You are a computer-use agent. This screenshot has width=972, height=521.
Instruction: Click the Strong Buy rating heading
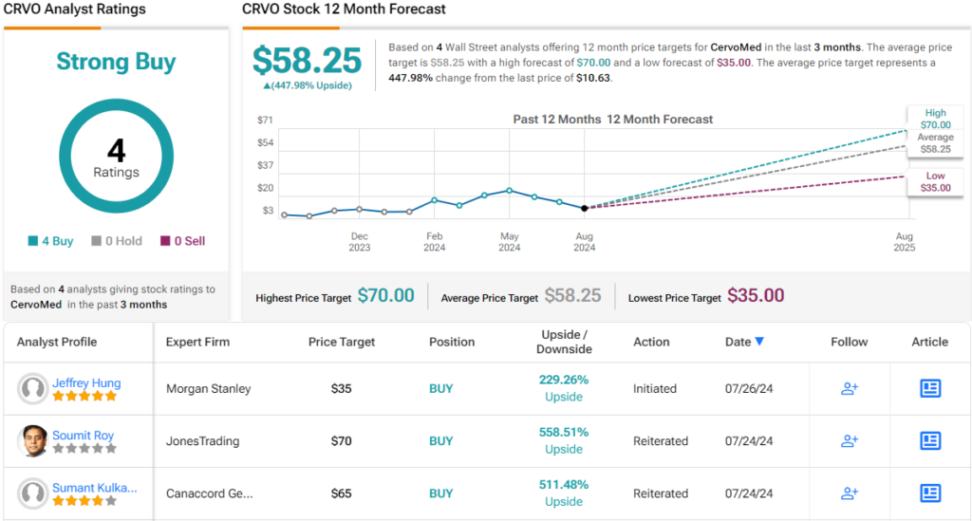[116, 63]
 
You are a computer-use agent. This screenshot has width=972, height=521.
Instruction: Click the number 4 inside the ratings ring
[116, 150]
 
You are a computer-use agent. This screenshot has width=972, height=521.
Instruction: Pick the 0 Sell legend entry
[182, 241]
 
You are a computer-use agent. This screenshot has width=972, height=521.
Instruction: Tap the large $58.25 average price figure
[307, 61]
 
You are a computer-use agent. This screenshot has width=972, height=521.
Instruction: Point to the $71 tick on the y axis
[266, 121]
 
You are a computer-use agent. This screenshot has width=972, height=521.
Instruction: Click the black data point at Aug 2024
[585, 208]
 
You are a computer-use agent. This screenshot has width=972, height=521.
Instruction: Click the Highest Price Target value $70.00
[385, 296]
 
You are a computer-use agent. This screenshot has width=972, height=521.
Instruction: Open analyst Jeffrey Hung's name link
[86, 383]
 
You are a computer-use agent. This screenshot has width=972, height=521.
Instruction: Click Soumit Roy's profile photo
[33, 440]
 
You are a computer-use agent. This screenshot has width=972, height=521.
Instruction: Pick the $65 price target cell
[342, 493]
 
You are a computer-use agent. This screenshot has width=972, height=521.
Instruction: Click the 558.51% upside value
[563, 432]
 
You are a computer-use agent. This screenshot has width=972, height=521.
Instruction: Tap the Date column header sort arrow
[759, 342]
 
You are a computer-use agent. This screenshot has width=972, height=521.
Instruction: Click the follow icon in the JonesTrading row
[850, 440]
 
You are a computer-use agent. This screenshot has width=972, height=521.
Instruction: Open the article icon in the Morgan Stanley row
[929, 388]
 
